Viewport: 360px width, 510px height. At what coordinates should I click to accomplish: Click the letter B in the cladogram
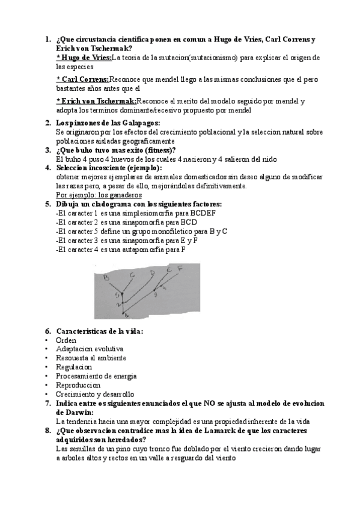tap(106, 277)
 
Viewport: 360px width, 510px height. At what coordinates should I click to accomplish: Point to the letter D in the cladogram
tap(153, 274)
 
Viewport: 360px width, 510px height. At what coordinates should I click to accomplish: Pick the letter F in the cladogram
tap(180, 270)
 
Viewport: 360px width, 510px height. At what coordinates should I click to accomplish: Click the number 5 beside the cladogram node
tap(118, 296)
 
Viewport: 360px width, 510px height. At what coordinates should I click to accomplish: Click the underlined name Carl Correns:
tap(82, 79)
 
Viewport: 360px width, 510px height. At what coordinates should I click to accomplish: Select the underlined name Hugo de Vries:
tap(84, 58)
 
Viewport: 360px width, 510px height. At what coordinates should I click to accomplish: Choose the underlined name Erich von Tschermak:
tap(96, 101)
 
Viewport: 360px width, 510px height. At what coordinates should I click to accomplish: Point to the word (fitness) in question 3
tap(159, 150)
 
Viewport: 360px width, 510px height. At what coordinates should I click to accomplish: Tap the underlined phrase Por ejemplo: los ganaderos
tap(99, 195)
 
